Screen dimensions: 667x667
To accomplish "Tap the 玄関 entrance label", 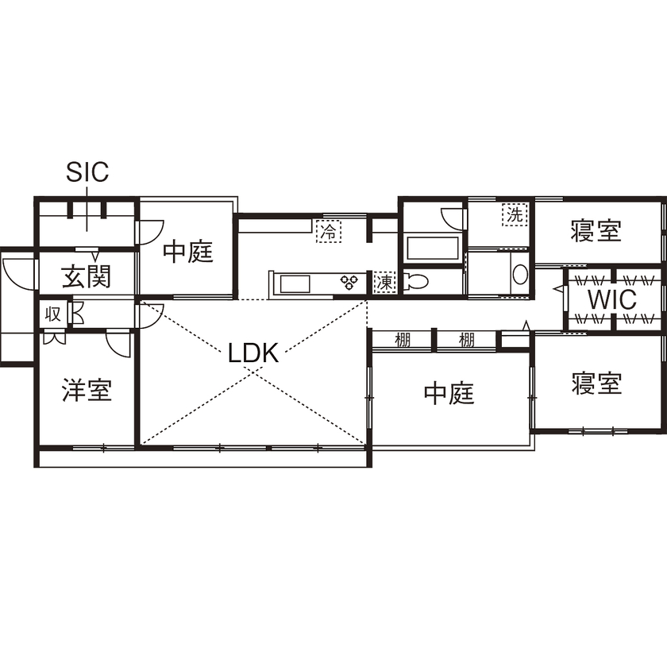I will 87,277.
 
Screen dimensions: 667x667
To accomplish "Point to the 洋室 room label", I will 87,391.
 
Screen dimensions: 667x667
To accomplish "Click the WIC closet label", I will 611,300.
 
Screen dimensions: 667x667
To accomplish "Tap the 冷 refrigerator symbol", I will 327,231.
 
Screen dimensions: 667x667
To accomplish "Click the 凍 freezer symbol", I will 384,281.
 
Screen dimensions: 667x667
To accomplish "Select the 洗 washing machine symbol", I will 515,214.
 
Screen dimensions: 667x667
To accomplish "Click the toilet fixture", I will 414,281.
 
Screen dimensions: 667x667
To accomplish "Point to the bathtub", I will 431,247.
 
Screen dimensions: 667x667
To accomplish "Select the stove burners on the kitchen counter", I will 349,282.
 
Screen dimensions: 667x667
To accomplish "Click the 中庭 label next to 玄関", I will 189,253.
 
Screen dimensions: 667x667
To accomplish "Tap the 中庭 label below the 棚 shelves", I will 449,393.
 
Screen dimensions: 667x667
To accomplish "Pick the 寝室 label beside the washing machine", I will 596,231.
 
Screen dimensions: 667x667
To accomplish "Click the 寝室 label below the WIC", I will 596,384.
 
